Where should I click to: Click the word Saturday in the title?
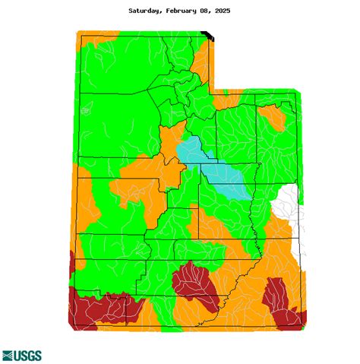[x=145, y=11]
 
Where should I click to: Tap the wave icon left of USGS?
[x=9, y=355]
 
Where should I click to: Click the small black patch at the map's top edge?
[x=208, y=34]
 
